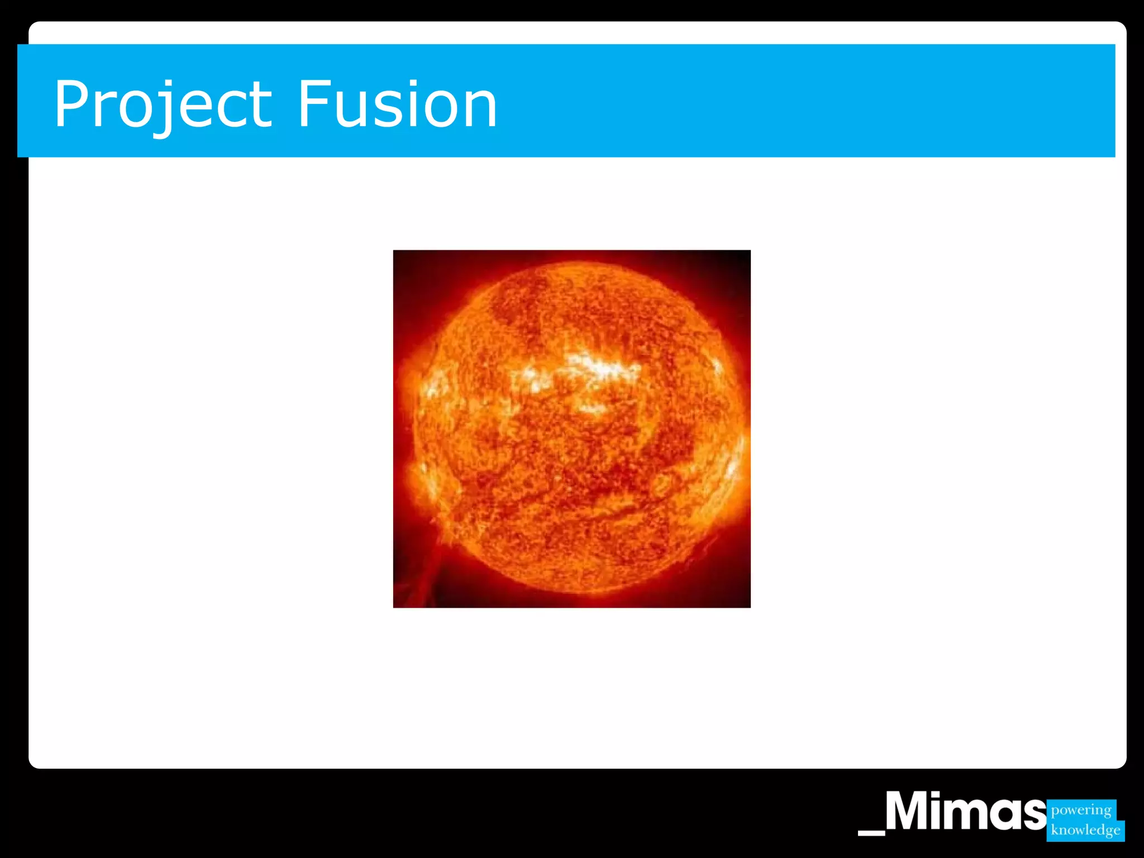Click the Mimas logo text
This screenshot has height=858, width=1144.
(965, 813)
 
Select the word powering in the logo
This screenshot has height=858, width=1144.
(1081, 810)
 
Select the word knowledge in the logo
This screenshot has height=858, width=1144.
(1085, 830)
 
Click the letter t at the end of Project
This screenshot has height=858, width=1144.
(260, 106)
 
